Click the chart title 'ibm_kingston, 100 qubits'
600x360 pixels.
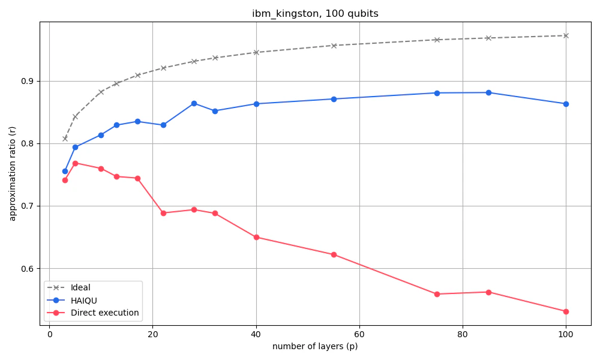[x=315, y=14]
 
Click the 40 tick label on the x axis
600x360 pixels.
[x=256, y=335]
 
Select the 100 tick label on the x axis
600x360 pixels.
[x=565, y=335]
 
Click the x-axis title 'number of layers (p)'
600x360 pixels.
[x=315, y=347]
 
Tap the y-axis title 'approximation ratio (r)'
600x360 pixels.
[x=13, y=173]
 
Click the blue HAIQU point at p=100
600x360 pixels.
[x=565, y=104]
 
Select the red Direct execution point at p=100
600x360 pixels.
[x=565, y=311]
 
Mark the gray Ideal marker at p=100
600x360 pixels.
[x=565, y=35]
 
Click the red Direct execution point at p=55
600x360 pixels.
[x=334, y=254]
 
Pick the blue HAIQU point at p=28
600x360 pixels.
[x=194, y=103]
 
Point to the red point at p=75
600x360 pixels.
[x=437, y=294]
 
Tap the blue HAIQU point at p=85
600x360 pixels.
[x=488, y=92]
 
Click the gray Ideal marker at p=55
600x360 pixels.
[x=334, y=46]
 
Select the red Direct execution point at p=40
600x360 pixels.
[x=256, y=237]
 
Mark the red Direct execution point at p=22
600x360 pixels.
[x=163, y=213]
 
